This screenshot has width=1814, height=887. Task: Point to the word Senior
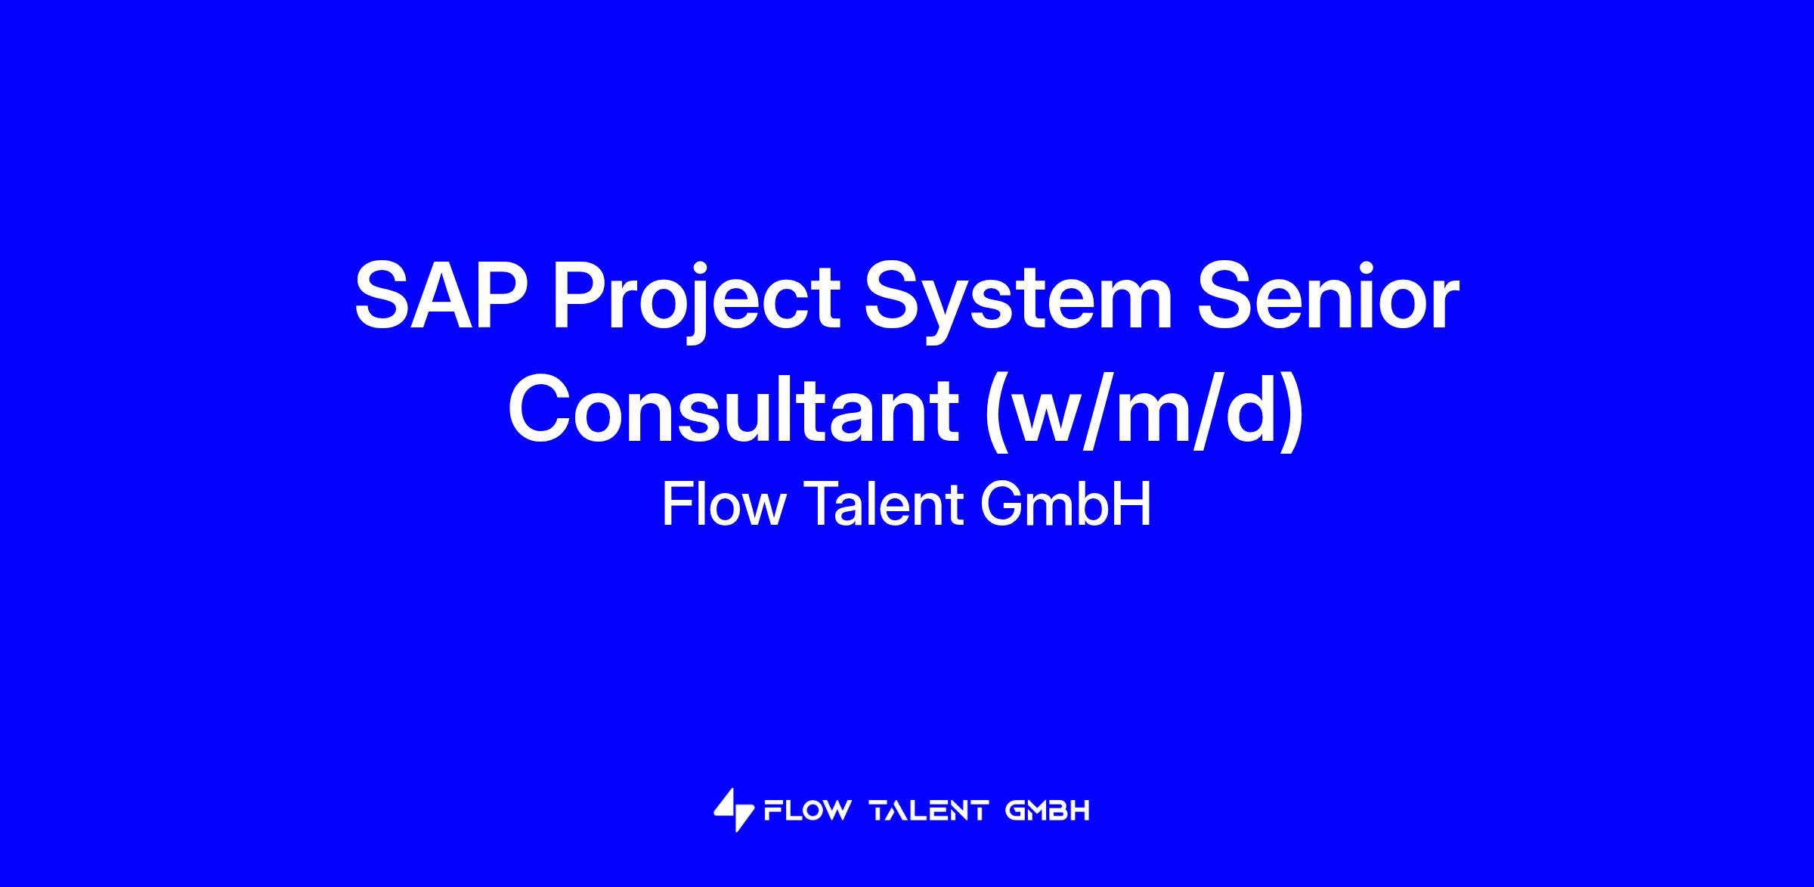[x=1327, y=297]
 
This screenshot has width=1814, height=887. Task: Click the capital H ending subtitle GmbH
[x=1133, y=504]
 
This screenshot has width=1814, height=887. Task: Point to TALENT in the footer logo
[x=930, y=811]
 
